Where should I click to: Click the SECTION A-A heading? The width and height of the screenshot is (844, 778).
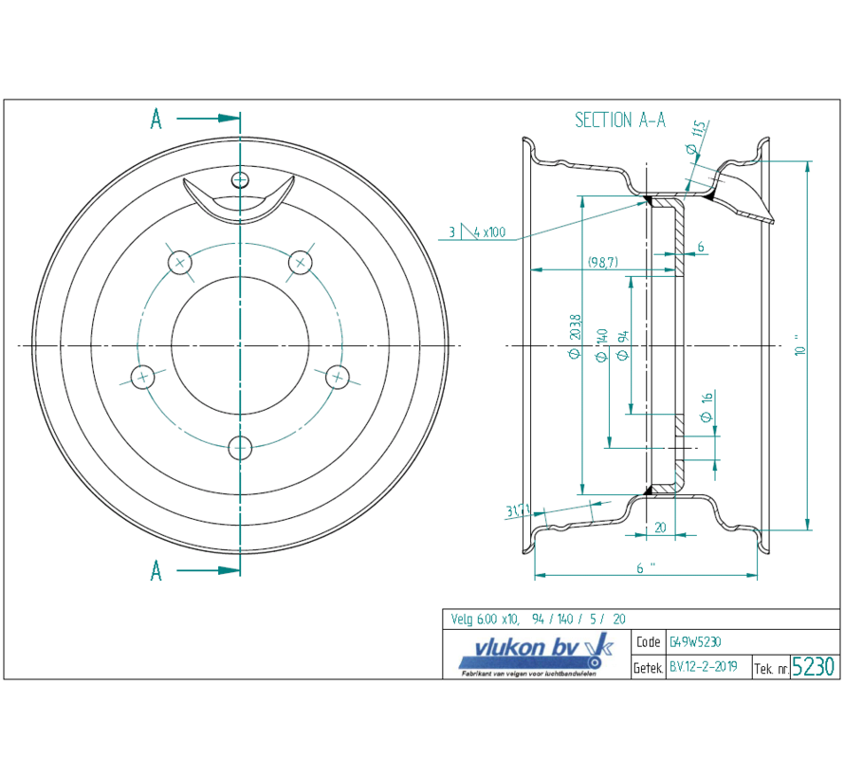point(620,120)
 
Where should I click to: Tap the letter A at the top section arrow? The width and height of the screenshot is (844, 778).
point(156,119)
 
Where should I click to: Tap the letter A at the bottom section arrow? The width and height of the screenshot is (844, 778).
point(156,570)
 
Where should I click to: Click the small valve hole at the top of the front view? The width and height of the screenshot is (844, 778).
point(241,179)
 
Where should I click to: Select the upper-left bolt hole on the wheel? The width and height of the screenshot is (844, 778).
point(179,261)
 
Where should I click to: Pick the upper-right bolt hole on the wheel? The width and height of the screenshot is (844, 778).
point(301,260)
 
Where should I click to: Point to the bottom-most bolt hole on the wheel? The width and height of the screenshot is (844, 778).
point(241,448)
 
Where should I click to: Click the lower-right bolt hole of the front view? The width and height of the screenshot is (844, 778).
point(338,377)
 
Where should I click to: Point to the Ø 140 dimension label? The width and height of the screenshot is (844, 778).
point(600,347)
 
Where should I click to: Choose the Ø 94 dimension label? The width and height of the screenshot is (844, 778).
point(623,345)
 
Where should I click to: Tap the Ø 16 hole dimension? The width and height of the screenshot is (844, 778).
point(706,407)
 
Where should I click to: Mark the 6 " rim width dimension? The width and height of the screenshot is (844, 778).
point(646,568)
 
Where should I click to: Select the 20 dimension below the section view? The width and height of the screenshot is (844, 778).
point(660,528)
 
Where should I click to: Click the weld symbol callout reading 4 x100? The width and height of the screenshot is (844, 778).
point(479,232)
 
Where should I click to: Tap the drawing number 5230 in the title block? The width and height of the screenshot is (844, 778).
point(814,666)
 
